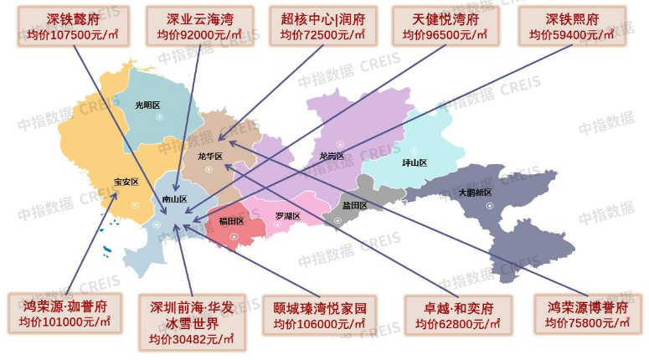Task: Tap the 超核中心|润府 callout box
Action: point(322,26)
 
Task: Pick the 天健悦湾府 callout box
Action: point(444,26)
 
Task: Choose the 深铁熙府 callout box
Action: point(572,26)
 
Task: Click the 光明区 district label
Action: point(147,105)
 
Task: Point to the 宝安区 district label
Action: point(126,182)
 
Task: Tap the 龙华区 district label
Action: point(209,157)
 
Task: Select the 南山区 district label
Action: point(174,199)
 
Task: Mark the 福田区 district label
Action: point(230,221)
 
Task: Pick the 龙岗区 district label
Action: point(332,156)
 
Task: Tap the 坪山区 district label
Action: point(415,162)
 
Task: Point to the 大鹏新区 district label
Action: point(475,193)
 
